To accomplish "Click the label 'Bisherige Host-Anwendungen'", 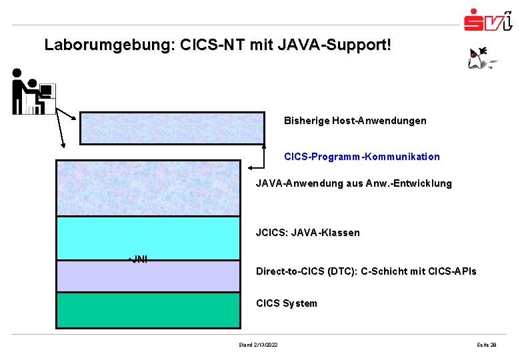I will point(355,121).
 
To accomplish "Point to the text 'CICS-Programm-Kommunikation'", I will point(361,157).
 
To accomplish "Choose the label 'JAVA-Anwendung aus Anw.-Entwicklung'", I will point(353,183).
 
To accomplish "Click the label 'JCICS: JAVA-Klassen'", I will point(307,233).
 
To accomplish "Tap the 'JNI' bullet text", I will point(138,259).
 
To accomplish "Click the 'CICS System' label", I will point(287,303).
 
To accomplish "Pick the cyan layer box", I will point(148,237).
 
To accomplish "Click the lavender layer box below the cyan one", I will point(148,276).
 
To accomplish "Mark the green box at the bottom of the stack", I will point(148,310).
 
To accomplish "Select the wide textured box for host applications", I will point(172,127).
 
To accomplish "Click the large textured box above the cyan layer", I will point(148,187).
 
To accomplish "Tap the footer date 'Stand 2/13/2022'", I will point(258,344).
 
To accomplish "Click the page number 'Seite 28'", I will point(487,344).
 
